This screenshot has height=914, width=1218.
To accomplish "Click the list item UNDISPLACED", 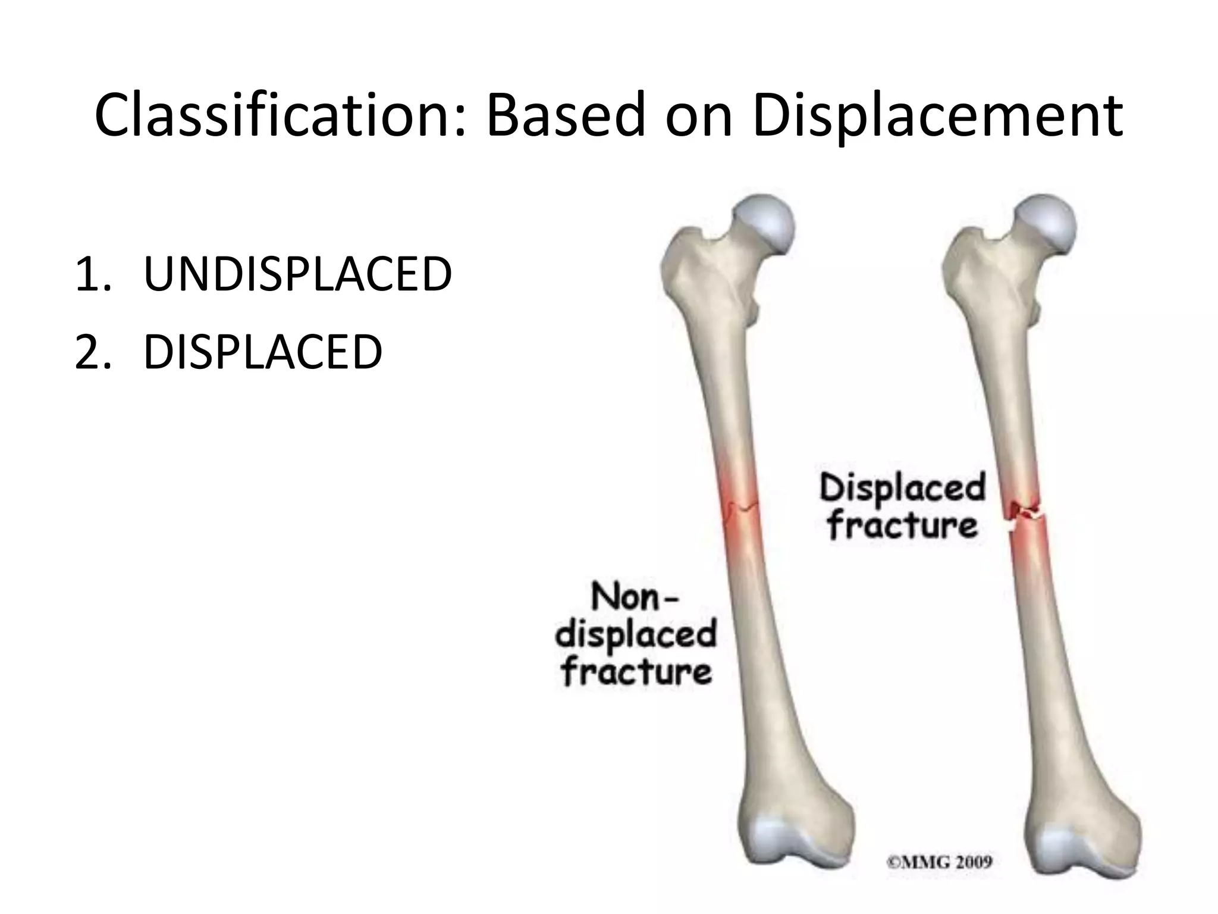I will (297, 274).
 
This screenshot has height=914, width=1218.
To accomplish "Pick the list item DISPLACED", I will (262, 352).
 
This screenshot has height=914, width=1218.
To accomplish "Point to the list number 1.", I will (92, 274).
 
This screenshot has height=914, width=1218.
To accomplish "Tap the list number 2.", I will (92, 352).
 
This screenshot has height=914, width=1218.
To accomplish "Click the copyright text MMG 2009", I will (940, 862).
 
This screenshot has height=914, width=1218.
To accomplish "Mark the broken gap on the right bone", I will (1026, 518).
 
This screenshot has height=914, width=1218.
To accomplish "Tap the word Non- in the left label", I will (634, 597).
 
